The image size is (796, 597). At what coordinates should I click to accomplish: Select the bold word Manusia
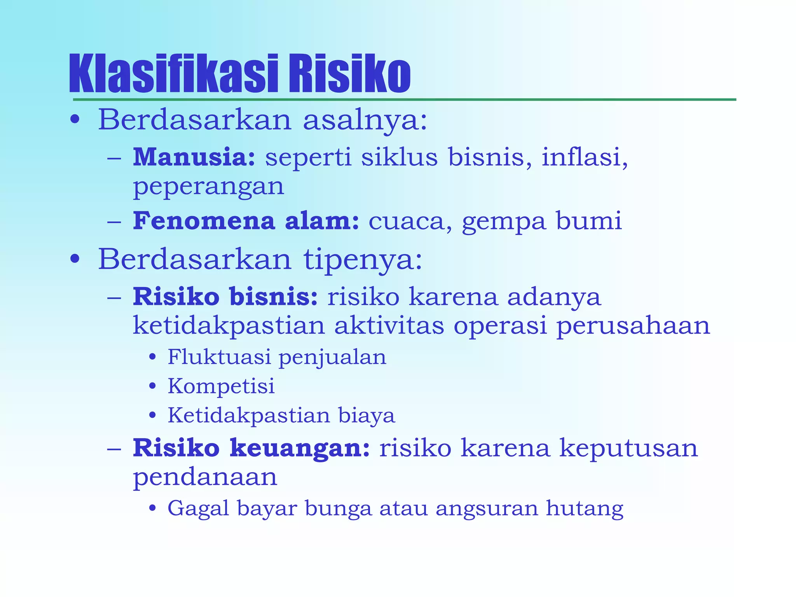coord(194,157)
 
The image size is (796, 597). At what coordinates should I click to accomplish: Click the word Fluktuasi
coord(219,357)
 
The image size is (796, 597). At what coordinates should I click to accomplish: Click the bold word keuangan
coord(299,448)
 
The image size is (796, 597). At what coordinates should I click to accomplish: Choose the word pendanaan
coord(205,477)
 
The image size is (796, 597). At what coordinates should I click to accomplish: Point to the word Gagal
coord(198,509)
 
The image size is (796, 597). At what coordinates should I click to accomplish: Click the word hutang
coord(585,509)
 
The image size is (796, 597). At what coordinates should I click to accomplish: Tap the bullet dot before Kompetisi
coord(153,386)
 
